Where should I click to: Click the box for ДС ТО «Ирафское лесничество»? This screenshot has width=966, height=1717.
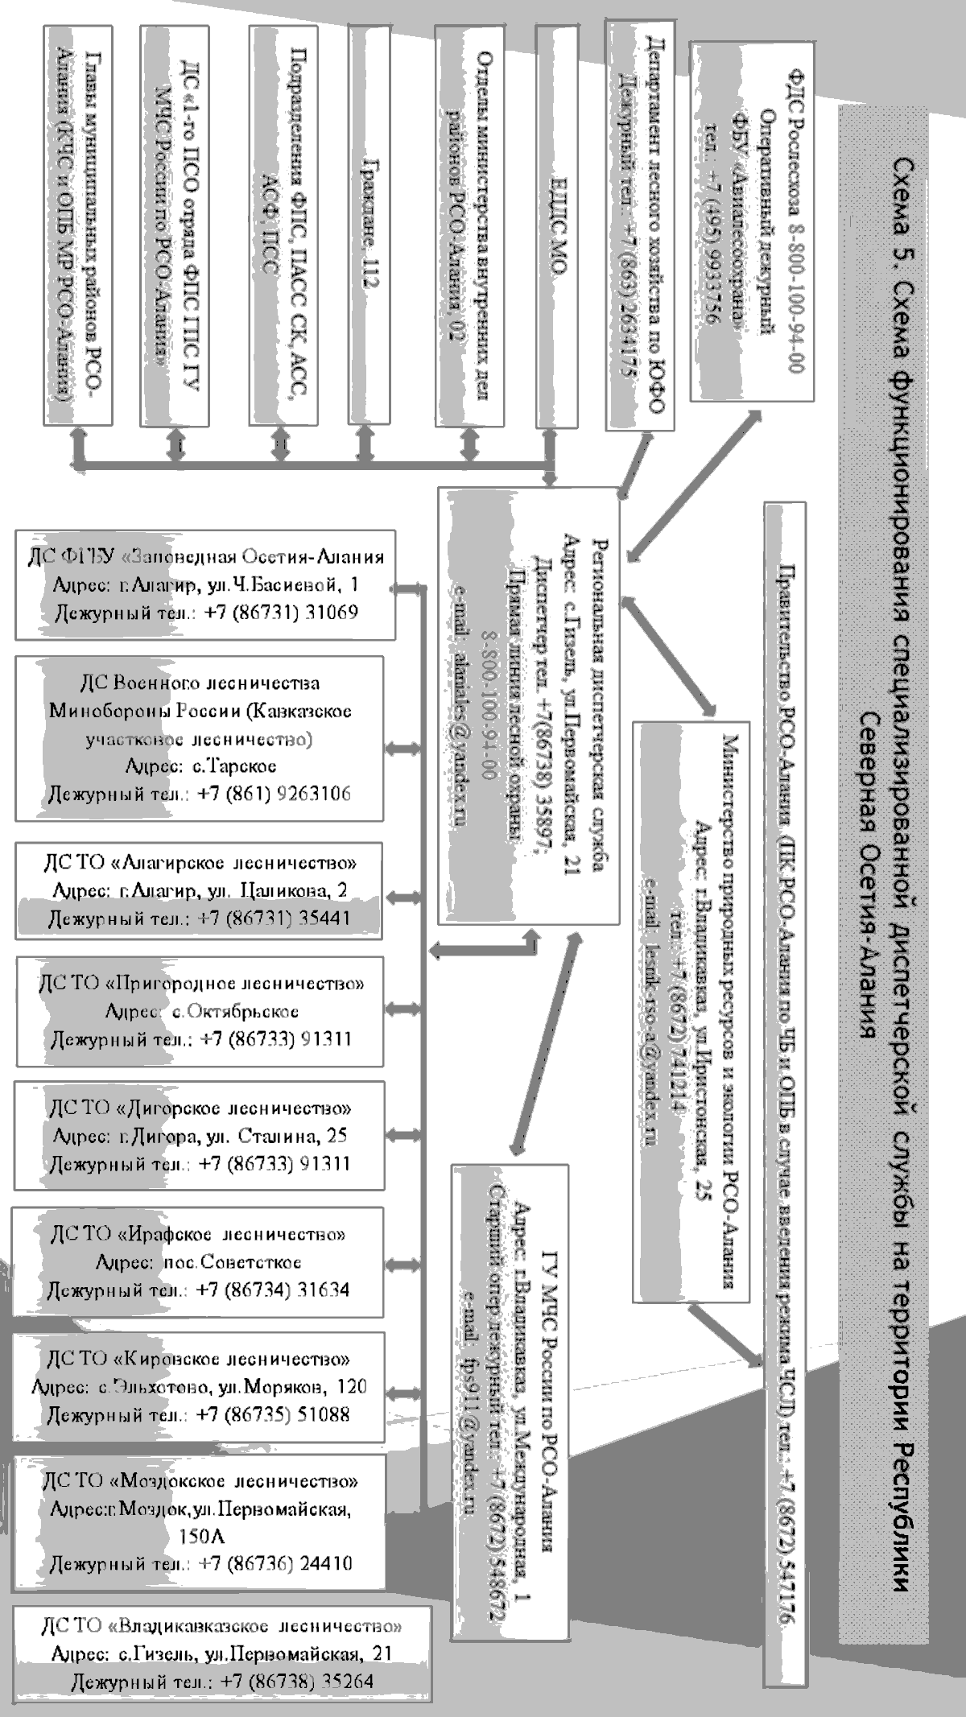[x=198, y=1261]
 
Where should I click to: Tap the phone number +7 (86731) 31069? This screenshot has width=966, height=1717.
[x=281, y=613]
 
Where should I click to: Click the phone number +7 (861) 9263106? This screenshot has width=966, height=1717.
[x=275, y=793]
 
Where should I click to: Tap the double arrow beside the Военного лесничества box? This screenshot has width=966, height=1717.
[x=400, y=748]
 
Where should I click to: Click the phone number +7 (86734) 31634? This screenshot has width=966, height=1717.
[x=274, y=1290]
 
